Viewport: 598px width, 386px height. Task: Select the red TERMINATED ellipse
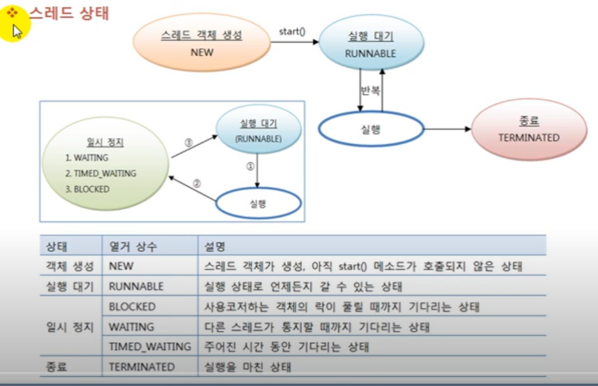[x=529, y=129]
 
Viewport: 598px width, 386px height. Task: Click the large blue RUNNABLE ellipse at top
[x=371, y=45]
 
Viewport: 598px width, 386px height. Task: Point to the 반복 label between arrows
[x=371, y=90]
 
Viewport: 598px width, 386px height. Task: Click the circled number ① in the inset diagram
[x=250, y=166]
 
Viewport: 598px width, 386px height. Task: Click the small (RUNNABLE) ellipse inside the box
[x=258, y=132]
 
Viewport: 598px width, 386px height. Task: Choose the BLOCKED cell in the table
[x=132, y=307]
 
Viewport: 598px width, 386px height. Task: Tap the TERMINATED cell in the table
[x=141, y=367]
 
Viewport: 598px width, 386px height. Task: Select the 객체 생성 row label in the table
[x=69, y=267]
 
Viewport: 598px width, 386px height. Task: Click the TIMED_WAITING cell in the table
[x=149, y=346]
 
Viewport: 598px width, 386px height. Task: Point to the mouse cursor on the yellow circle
[x=17, y=30]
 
